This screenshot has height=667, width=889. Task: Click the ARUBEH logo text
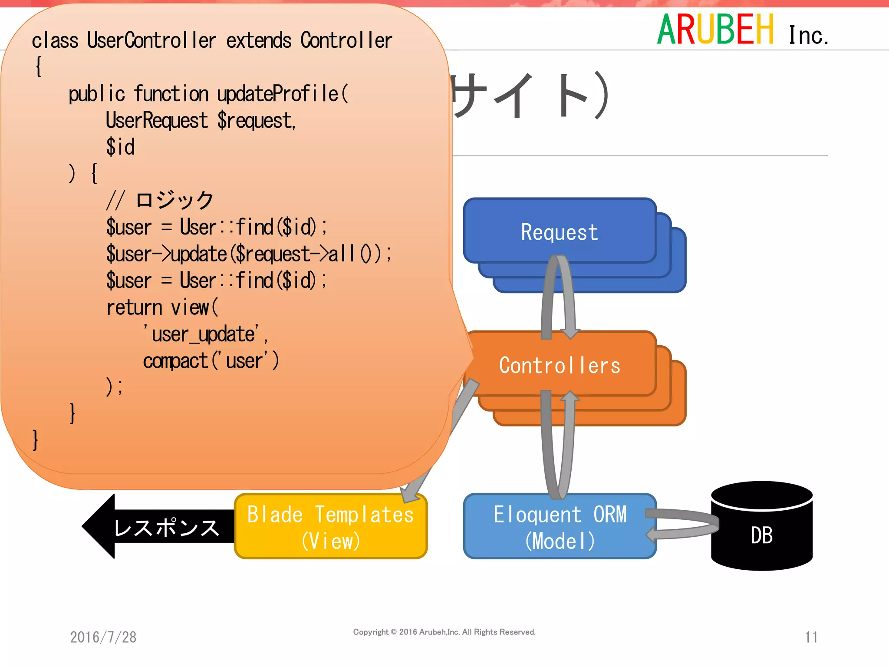pyautogui.click(x=715, y=30)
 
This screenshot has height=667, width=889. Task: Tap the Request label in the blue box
pyautogui.click(x=560, y=232)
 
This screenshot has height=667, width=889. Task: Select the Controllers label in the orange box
pyautogui.click(x=560, y=365)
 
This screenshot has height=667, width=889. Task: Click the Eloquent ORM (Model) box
pyautogui.click(x=560, y=527)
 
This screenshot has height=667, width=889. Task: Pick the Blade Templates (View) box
pyautogui.click(x=330, y=527)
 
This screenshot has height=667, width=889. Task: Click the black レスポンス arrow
pyautogui.click(x=161, y=527)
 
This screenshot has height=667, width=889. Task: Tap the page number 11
pyautogui.click(x=811, y=637)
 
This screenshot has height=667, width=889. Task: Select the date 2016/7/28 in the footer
pyautogui.click(x=103, y=637)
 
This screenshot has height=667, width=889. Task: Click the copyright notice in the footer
pyautogui.click(x=444, y=632)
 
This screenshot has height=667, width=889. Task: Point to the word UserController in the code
pyautogui.click(x=151, y=40)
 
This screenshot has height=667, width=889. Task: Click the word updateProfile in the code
pyautogui.click(x=278, y=94)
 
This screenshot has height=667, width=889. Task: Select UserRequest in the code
pyautogui.click(x=157, y=120)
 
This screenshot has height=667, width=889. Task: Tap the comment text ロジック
pyautogui.click(x=175, y=200)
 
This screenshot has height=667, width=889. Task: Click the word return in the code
pyautogui.click(x=134, y=308)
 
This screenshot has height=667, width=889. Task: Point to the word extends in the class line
pyautogui.click(x=259, y=40)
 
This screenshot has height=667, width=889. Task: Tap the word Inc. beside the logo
pyautogui.click(x=808, y=36)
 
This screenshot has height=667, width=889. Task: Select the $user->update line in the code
pyautogui.click(x=248, y=254)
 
